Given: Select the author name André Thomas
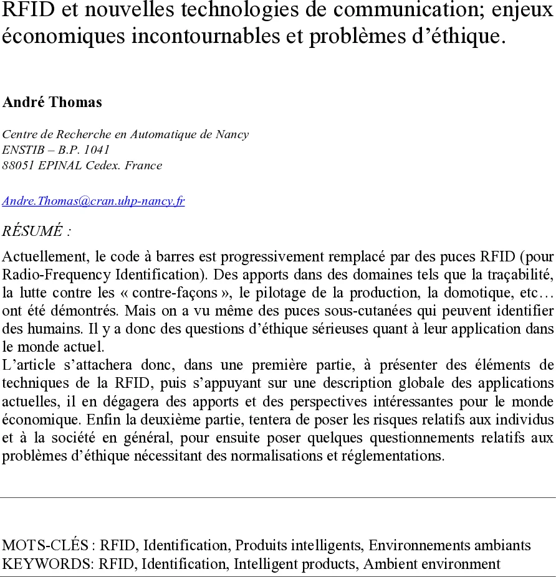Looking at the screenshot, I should pyautogui.click(x=52, y=103).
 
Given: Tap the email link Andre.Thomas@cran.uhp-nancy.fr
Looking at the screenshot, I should pyautogui.click(x=93, y=201).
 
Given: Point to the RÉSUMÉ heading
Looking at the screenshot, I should pyautogui.click(x=36, y=231).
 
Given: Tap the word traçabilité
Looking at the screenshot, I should pyautogui.click(x=523, y=274).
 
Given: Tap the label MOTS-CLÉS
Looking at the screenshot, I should pyautogui.click(x=46, y=546).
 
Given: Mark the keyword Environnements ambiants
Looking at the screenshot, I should pyautogui.click(x=449, y=546).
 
